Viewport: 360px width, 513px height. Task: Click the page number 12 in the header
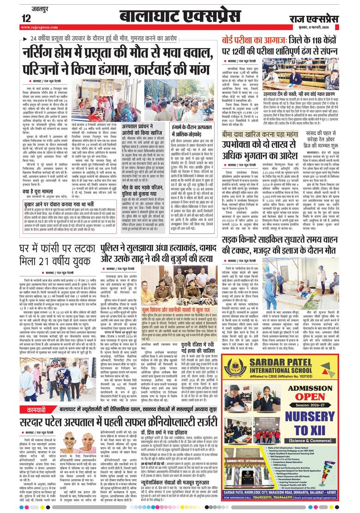(26, 18)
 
